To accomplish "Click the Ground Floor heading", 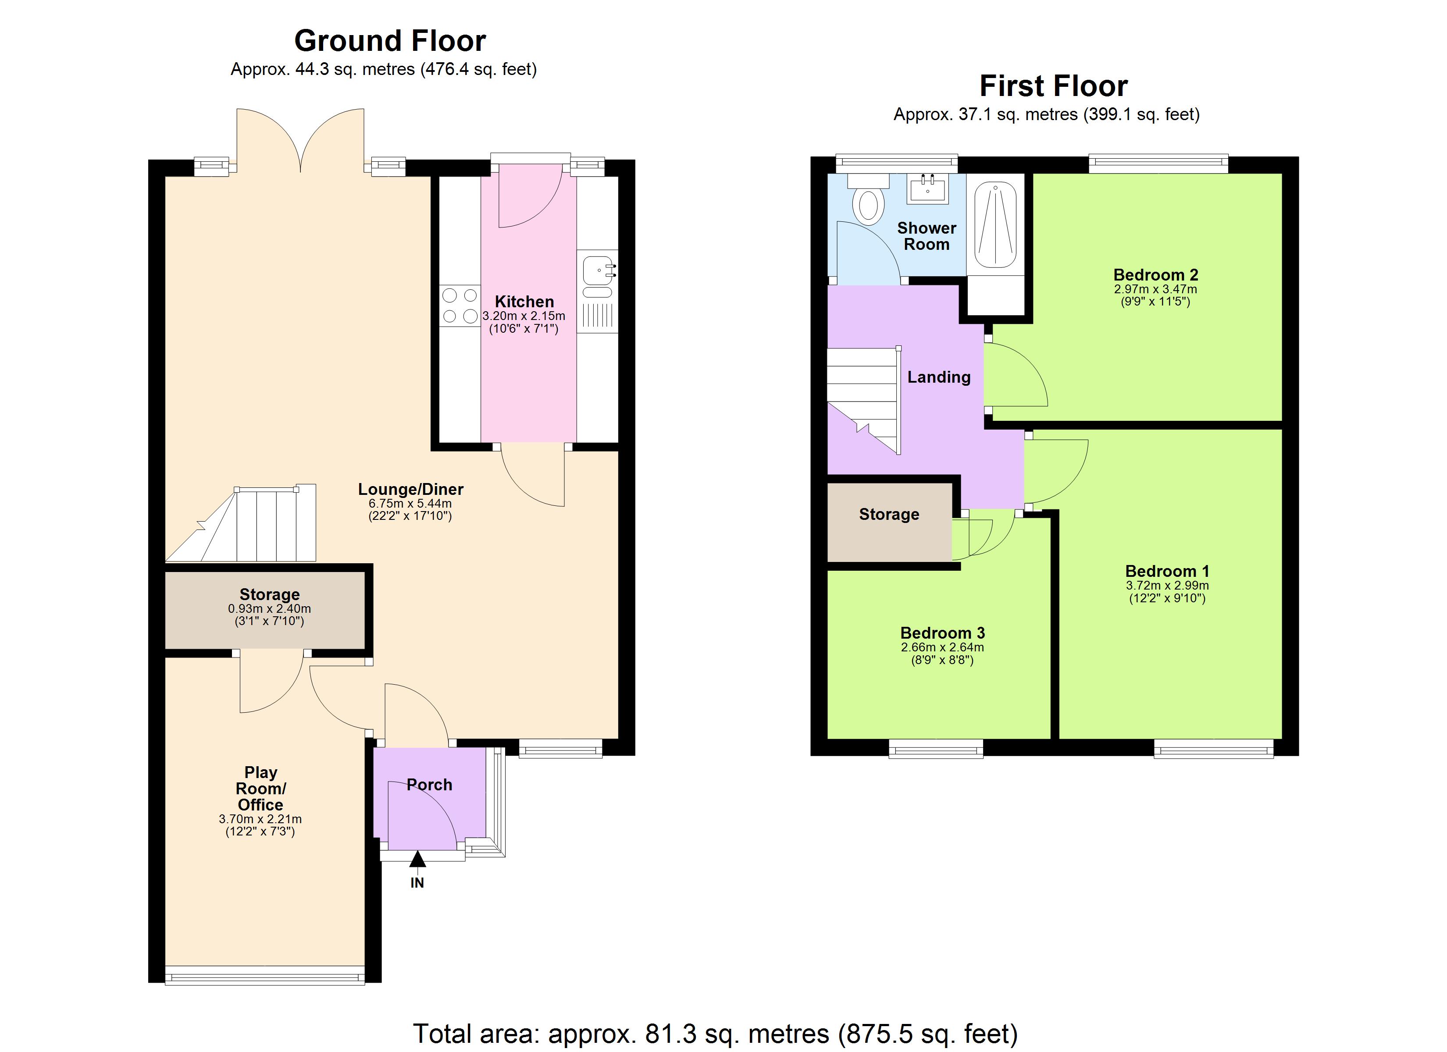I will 390,41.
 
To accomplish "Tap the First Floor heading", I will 1053,86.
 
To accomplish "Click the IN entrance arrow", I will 417,860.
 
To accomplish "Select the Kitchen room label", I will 524,302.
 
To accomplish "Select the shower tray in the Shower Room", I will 995,225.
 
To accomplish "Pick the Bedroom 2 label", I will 1155,275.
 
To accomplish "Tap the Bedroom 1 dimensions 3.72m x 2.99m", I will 1167,586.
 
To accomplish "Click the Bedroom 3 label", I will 942,633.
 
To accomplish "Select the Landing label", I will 938,377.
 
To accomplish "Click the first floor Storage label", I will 889,514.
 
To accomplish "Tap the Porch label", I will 429,785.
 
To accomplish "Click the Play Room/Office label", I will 260,789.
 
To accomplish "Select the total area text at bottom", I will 715,1033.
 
